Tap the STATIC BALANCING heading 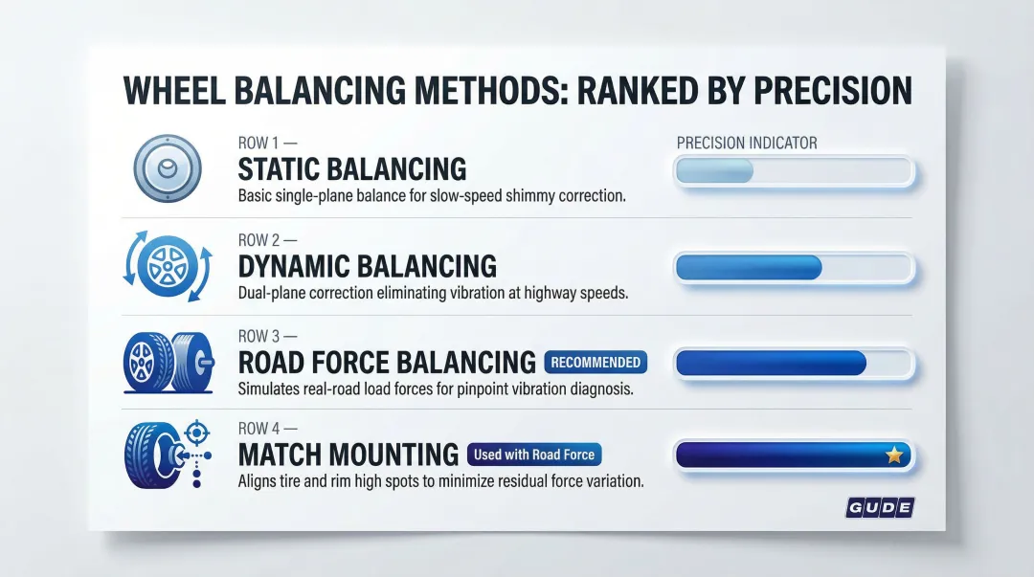351,169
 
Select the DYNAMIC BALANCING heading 367,265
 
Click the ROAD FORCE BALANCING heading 387,363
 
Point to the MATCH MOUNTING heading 348,454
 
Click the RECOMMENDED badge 596,363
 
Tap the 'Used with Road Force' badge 534,455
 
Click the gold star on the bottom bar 894,455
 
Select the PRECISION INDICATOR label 747,143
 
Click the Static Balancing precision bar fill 714,171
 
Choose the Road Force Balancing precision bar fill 771,363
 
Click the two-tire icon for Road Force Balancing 169,363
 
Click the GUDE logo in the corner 879,507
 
